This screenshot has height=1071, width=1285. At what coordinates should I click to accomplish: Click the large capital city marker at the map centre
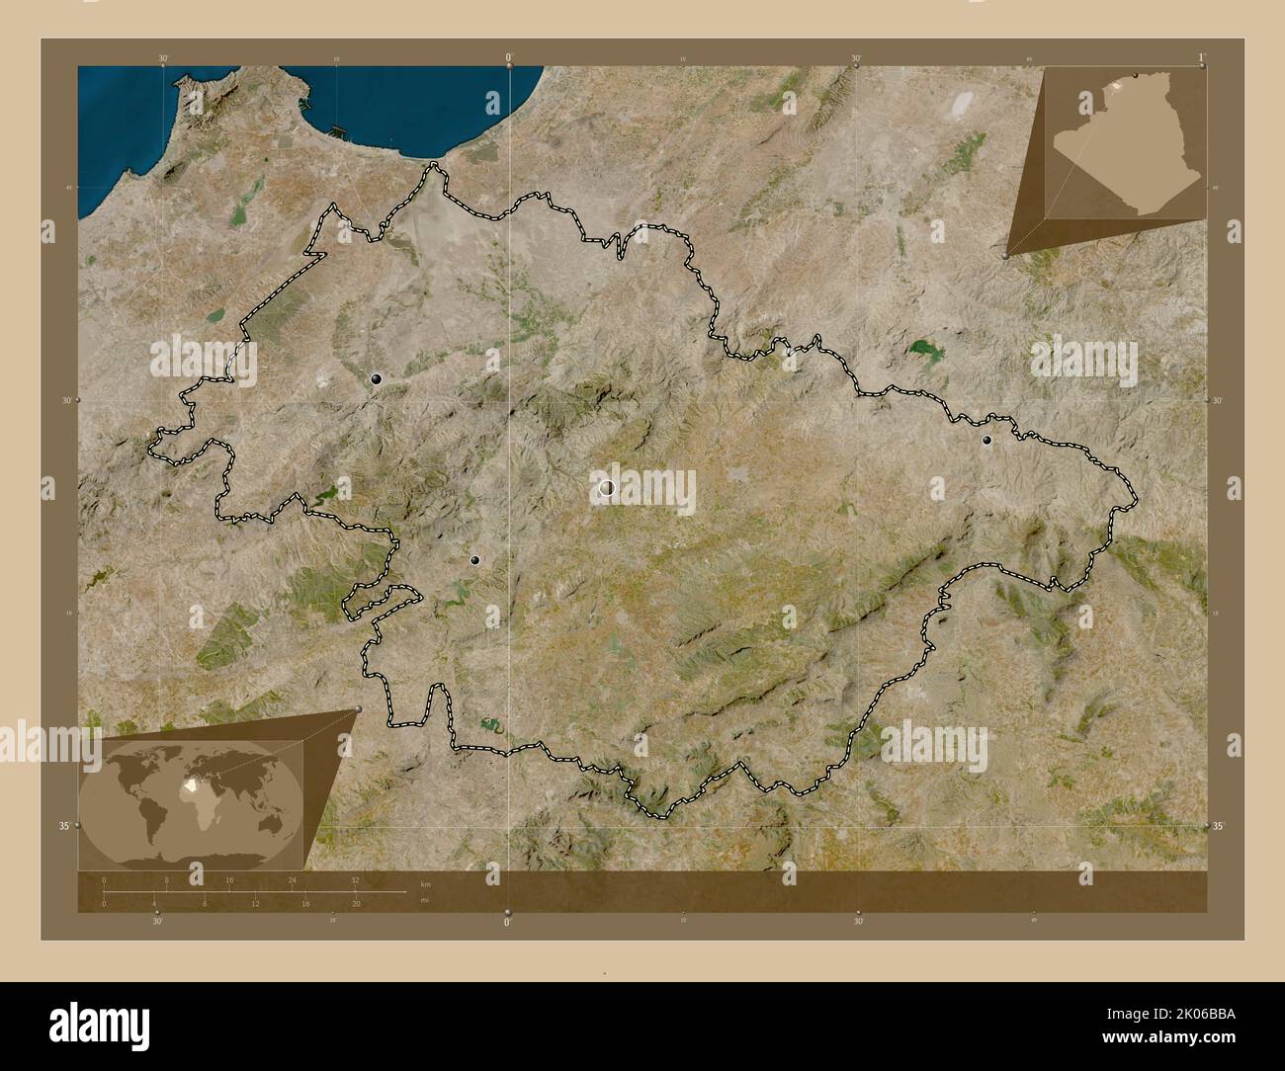(606, 487)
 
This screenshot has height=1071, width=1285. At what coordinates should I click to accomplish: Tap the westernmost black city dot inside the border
(376, 378)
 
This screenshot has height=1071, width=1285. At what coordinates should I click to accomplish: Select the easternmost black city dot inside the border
(985, 441)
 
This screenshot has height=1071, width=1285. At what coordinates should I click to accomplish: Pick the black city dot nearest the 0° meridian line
(475, 560)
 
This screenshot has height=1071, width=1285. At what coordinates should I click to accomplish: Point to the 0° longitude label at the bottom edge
(508, 922)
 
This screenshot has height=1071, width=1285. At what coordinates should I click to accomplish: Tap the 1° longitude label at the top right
(1200, 58)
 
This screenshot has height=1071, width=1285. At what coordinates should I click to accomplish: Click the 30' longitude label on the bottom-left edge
(157, 921)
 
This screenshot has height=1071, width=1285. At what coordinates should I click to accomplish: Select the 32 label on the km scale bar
(354, 879)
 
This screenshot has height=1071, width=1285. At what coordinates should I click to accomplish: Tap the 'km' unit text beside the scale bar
(426, 884)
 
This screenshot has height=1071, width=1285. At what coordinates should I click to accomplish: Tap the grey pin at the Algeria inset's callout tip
(1006, 255)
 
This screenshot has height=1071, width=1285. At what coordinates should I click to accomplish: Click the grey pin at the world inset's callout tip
(358, 709)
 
